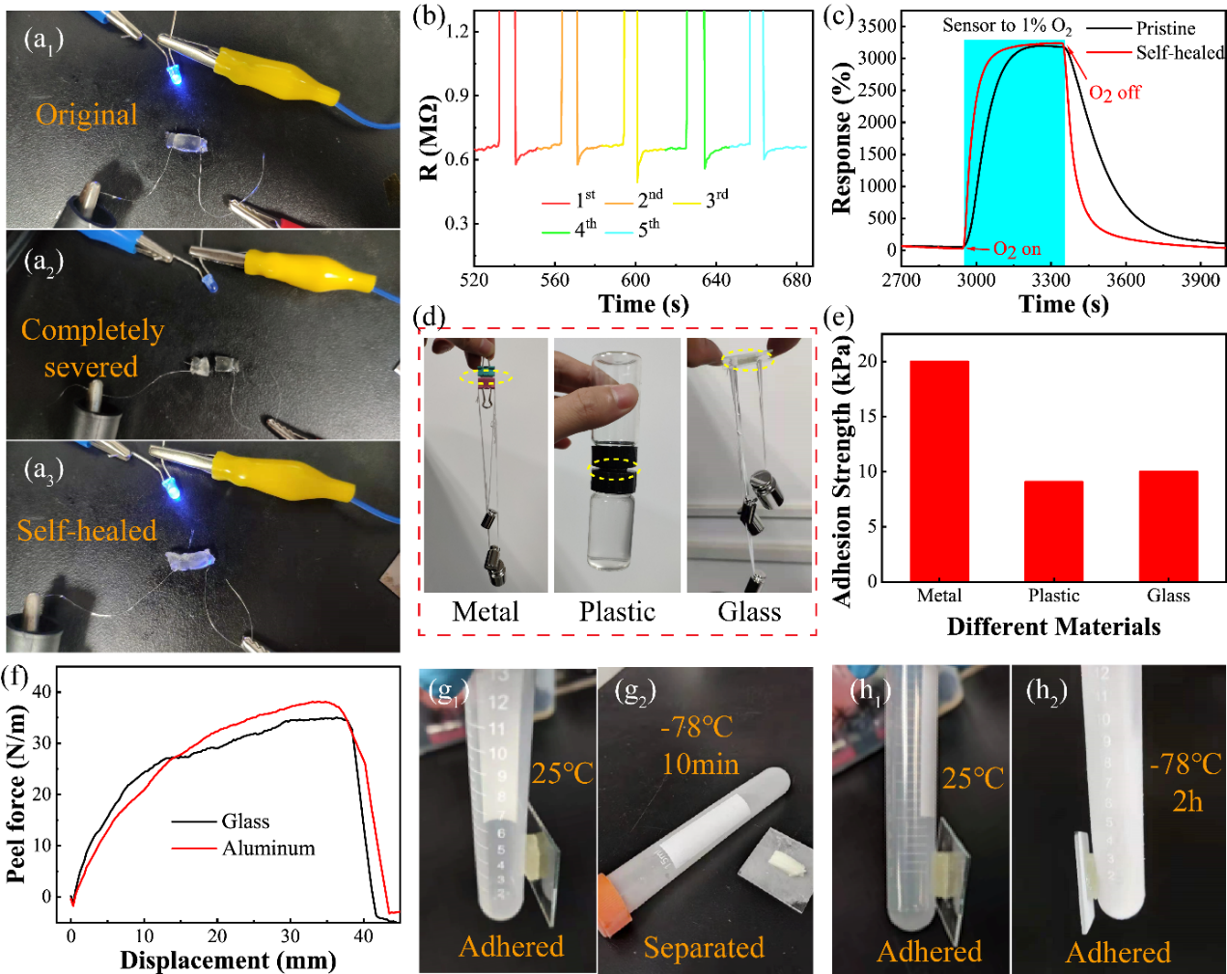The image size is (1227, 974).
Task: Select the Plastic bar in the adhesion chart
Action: [x=1053, y=530]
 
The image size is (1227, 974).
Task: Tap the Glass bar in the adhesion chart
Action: [x=1168, y=525]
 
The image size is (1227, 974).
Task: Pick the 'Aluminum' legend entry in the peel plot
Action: [x=268, y=849]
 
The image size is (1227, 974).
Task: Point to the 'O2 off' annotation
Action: [x=1115, y=93]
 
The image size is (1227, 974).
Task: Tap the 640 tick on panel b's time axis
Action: [x=715, y=280]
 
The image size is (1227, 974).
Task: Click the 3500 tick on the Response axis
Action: [x=878, y=26]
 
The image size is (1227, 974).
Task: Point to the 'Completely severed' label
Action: [x=92, y=348]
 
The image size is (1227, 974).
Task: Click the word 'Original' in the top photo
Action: [x=87, y=115]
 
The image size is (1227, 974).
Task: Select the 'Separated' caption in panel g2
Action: [x=704, y=948]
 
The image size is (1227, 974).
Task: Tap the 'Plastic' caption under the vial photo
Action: [x=617, y=612]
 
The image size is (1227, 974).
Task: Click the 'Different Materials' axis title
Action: [x=1053, y=627]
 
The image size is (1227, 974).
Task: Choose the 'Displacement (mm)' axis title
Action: [x=228, y=960]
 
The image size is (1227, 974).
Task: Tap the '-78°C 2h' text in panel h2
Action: [x=1185, y=782]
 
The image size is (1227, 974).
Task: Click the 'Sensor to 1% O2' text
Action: [x=1007, y=26]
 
